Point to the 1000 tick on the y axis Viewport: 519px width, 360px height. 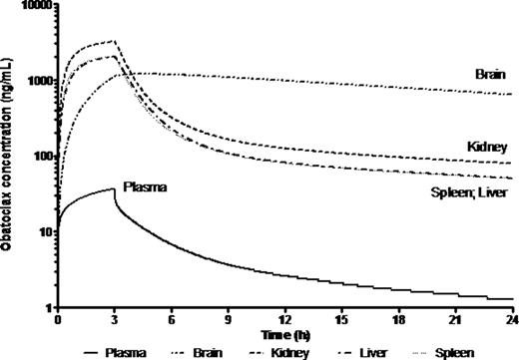37,81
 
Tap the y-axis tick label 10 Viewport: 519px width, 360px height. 43,232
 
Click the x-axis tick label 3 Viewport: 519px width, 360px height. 115,321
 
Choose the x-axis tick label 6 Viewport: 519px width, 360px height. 172,321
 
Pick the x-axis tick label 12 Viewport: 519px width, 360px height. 286,321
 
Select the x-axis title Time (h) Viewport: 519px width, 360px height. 285,335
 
